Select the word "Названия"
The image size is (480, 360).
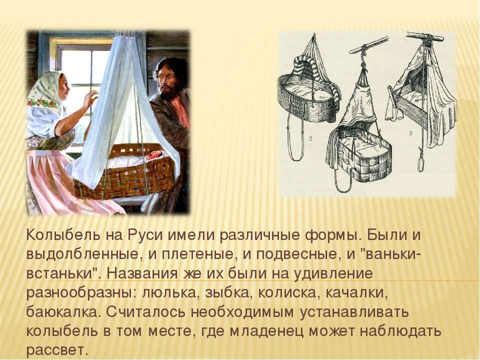142,274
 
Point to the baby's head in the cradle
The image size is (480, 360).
152,156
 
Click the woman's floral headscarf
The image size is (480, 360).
46,92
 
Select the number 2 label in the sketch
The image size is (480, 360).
310,139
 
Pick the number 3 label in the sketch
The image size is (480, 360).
410,133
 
